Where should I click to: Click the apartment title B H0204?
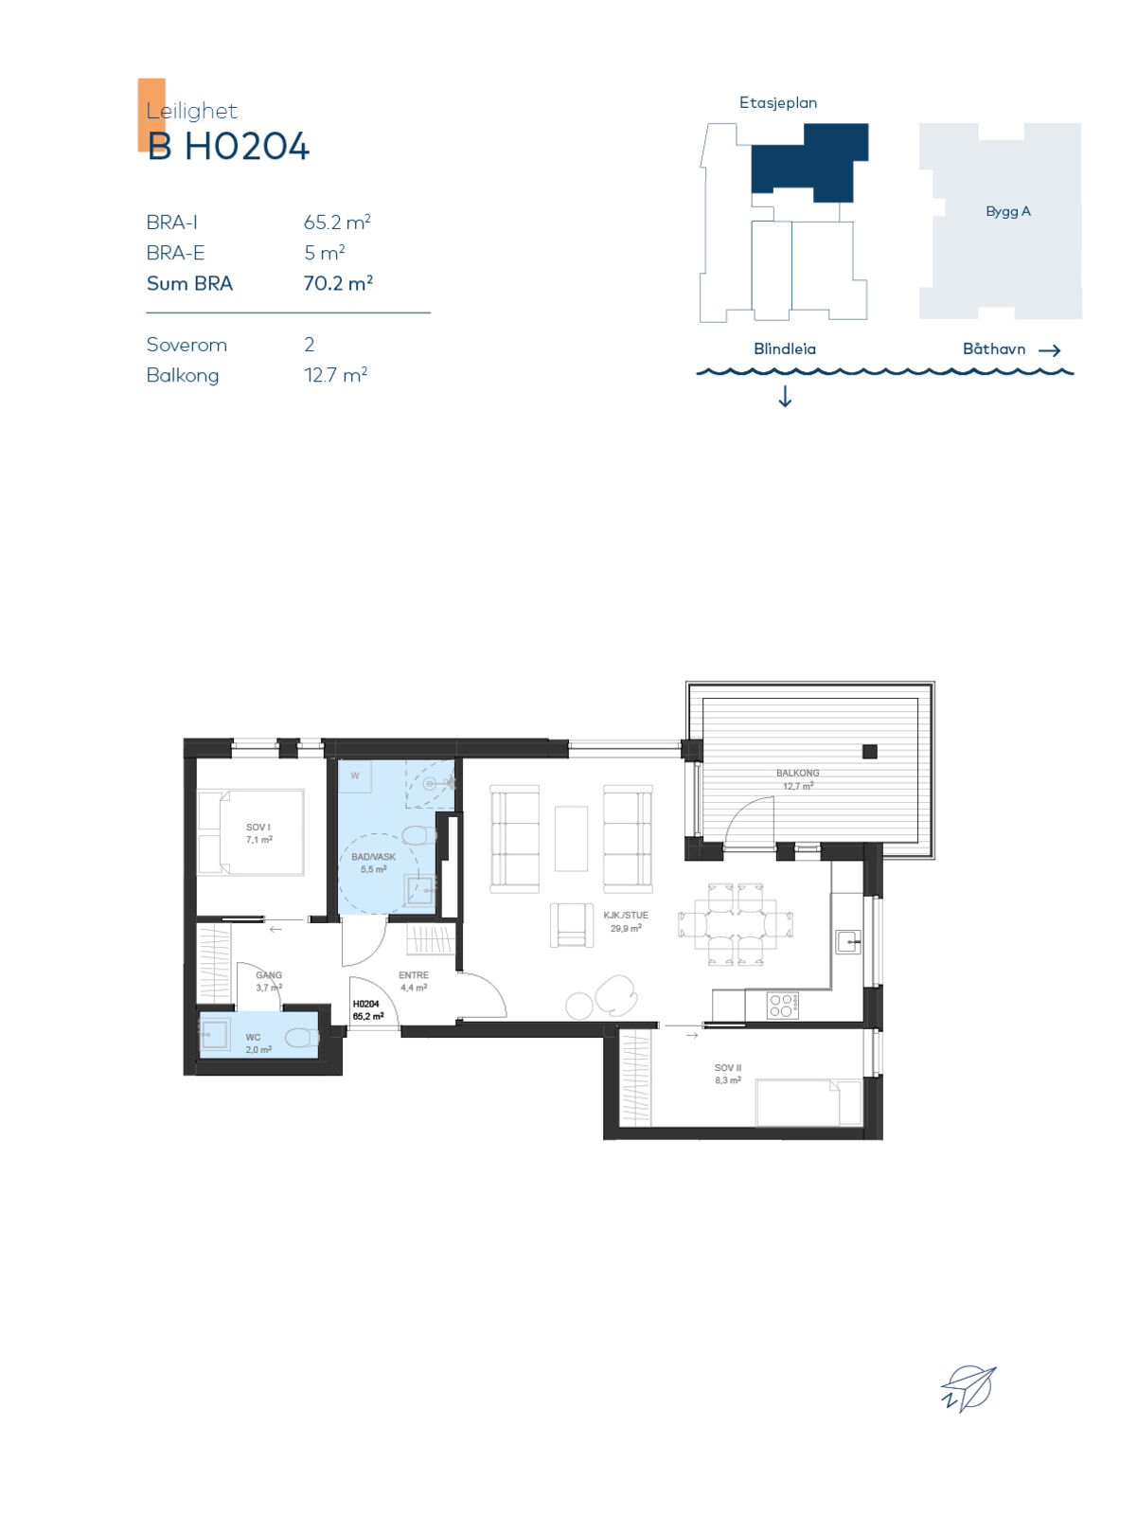(x=228, y=147)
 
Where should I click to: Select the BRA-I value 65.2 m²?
(x=337, y=223)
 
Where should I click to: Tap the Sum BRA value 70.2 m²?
(x=338, y=283)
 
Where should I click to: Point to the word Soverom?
(x=187, y=345)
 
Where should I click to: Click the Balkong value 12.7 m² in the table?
(x=335, y=375)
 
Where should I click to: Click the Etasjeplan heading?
(x=778, y=103)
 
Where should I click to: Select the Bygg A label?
(x=1008, y=211)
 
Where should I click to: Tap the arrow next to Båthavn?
(x=1049, y=350)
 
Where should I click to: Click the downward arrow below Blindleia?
(x=785, y=396)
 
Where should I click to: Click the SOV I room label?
(x=258, y=827)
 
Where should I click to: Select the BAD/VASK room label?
(x=373, y=857)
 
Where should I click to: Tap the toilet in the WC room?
(x=301, y=1036)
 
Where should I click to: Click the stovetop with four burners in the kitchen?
(x=782, y=1005)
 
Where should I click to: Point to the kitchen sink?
(x=848, y=941)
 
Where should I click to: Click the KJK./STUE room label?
(x=626, y=916)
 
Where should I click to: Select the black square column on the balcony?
(x=869, y=751)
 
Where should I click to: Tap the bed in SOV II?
(x=808, y=1102)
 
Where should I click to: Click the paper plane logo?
(x=968, y=1388)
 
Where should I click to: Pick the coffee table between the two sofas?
(x=571, y=839)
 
